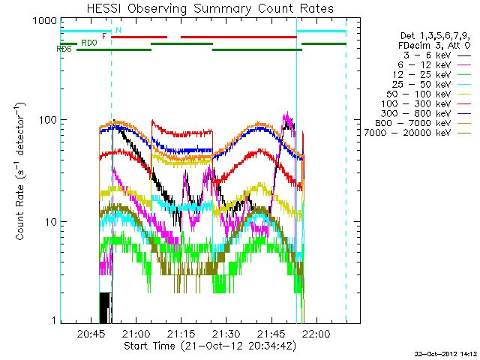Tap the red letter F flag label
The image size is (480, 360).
click(x=103, y=35)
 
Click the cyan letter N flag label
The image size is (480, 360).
click(x=118, y=29)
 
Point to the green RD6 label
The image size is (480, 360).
click(x=64, y=49)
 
